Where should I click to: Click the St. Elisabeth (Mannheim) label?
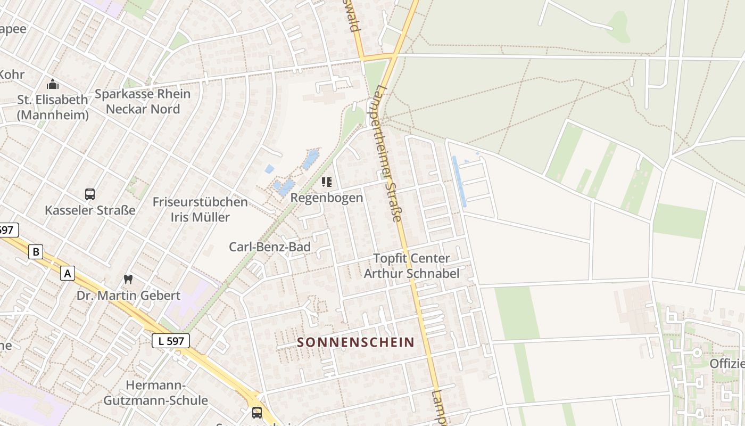pos(52,107)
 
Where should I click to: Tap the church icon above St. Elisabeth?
pos(52,84)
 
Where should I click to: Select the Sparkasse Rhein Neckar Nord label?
pos(143,102)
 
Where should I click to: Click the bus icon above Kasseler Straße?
pos(90,194)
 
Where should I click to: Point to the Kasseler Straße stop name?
pos(90,210)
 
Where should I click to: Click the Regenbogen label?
pos(327,198)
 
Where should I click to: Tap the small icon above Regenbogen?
pos(327,183)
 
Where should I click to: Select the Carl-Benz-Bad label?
pos(270,247)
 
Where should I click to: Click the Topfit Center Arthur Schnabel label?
pos(411,266)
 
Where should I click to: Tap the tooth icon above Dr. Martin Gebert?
pos(128,278)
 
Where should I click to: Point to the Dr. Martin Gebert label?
pos(129,295)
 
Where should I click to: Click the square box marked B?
pos(36,252)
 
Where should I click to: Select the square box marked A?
pos(68,273)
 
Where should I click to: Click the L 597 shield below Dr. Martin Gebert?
pos(171,341)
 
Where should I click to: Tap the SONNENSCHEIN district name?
pos(355,342)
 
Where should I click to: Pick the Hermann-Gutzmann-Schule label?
pos(155,392)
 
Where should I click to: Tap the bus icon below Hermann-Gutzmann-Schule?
pos(257,413)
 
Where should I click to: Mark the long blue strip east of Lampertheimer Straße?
pos(459,181)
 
